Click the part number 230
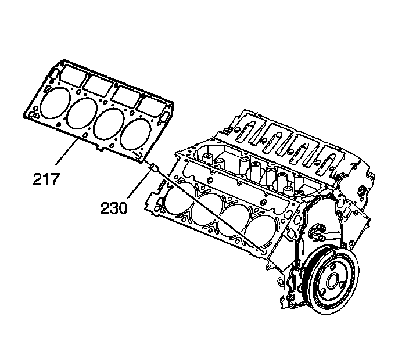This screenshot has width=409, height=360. point(114,206)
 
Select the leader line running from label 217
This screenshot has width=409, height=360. point(69,153)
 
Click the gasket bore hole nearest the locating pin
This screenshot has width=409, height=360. point(135,133)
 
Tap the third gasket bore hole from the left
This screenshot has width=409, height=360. point(108,123)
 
